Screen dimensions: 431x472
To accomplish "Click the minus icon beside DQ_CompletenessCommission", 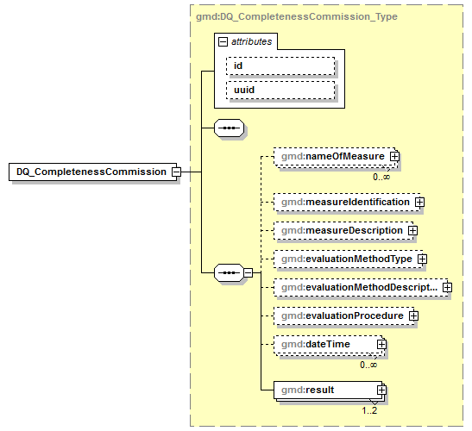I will [x=176, y=172].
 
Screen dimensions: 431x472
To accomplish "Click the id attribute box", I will [x=280, y=66].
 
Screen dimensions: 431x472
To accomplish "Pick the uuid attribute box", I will [x=280, y=89].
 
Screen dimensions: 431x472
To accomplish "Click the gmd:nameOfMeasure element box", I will [x=331, y=156].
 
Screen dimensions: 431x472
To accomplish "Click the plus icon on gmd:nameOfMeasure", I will [x=393, y=156].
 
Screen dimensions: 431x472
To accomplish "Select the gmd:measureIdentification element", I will [x=345, y=202].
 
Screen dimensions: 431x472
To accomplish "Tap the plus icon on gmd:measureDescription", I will [x=412, y=230].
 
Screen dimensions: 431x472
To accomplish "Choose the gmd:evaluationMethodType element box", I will [x=346, y=259].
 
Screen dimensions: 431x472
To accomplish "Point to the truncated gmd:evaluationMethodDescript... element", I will [x=357, y=287].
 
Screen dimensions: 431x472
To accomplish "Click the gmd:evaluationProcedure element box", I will [x=342, y=316].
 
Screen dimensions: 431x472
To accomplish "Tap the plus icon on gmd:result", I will [x=381, y=390].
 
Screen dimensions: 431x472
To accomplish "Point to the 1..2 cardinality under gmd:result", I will [x=370, y=410].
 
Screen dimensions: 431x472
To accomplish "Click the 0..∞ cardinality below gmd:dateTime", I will [x=369, y=365].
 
